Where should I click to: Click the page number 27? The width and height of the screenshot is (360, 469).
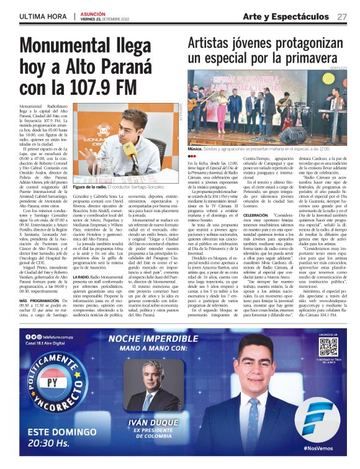342,16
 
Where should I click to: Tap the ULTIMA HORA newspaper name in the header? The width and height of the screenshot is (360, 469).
42,16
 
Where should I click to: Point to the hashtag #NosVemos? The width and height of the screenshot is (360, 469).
322,447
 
